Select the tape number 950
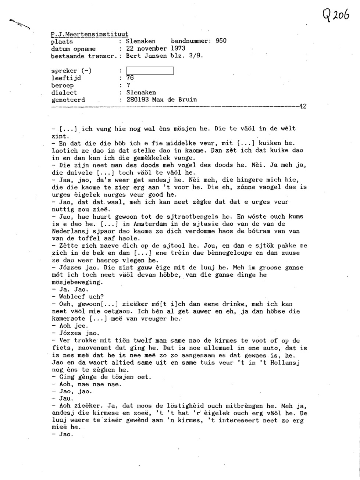tap(221, 41)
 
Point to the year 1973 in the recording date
tap(178, 49)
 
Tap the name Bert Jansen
tap(147, 56)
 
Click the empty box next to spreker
tap(149, 71)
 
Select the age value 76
tap(130, 78)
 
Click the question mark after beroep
tap(128, 85)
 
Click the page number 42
tap(303, 107)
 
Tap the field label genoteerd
tap(68, 100)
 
